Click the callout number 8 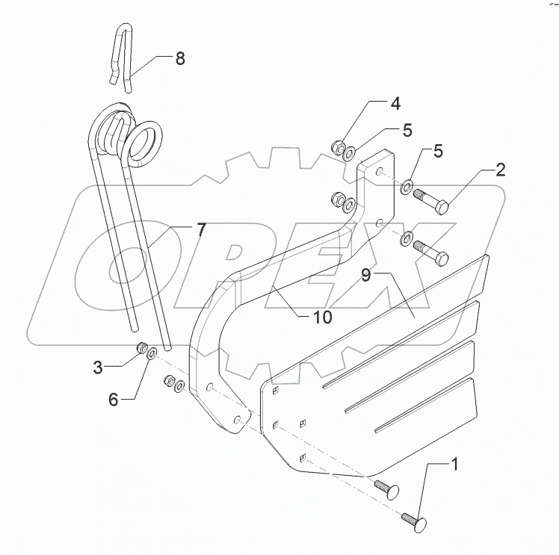pos(180,59)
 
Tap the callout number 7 pos(201,229)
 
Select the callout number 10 pos(322,317)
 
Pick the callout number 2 pos(500,170)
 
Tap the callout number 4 pos(393,103)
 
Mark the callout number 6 pos(114,400)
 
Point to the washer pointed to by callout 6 pos(151,353)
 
